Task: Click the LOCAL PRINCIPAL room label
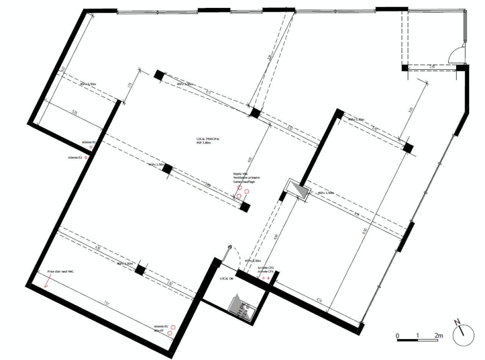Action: pos(208,139)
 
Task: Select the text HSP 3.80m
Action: pos(203,143)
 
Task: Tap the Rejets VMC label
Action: pos(241,174)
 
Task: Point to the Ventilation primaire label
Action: pos(246,178)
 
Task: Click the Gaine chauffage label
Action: pos(244,182)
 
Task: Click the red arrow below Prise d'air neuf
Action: pos(47,283)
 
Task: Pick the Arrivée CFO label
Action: pos(265,268)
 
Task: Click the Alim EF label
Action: pos(158,330)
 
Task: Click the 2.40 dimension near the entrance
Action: pos(432,67)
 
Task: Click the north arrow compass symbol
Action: pos(463,333)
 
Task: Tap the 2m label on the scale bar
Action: pos(438,335)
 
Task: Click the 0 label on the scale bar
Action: pos(397,336)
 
